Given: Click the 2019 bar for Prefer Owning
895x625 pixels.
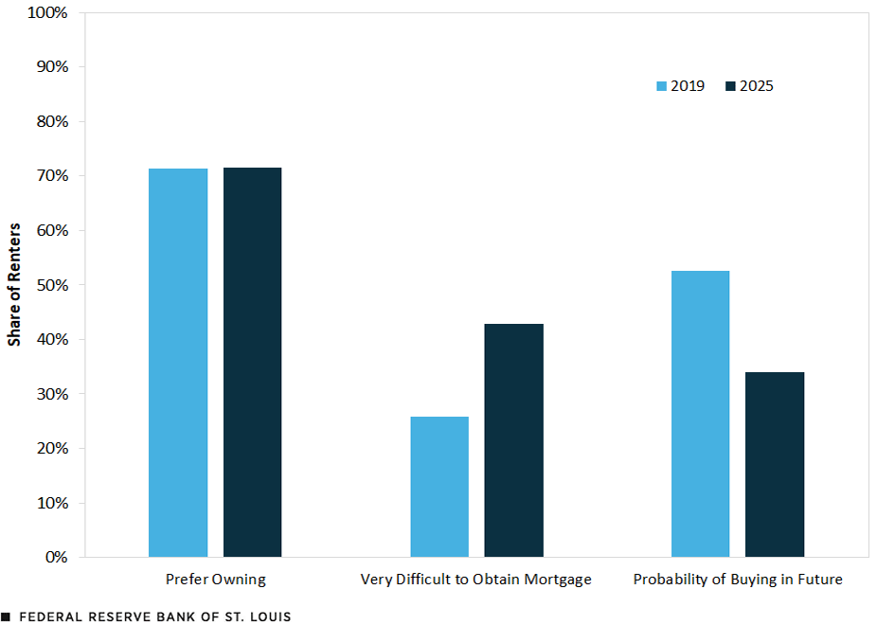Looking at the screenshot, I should click(178, 363).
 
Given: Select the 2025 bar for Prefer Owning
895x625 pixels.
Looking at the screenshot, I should click(252, 362).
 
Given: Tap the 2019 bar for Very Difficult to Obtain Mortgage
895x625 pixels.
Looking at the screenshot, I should click(439, 487).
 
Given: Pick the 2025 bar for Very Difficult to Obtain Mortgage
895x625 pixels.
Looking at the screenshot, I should click(513, 440).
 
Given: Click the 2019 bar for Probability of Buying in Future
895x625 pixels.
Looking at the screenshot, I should click(701, 414).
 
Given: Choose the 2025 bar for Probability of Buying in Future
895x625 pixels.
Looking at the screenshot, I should click(775, 464).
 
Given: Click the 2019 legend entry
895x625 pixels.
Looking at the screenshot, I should click(680, 86).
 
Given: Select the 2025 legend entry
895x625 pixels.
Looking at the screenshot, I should click(749, 86).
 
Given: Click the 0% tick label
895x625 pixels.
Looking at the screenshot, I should click(57, 557).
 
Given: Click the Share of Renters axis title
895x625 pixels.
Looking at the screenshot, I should click(14, 285).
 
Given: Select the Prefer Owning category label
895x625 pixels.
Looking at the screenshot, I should click(215, 580).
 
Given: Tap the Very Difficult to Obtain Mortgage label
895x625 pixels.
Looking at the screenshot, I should click(476, 580).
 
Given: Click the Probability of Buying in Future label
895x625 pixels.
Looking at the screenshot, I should click(738, 580).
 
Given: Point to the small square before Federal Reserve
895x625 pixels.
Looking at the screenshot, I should click(6, 616).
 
